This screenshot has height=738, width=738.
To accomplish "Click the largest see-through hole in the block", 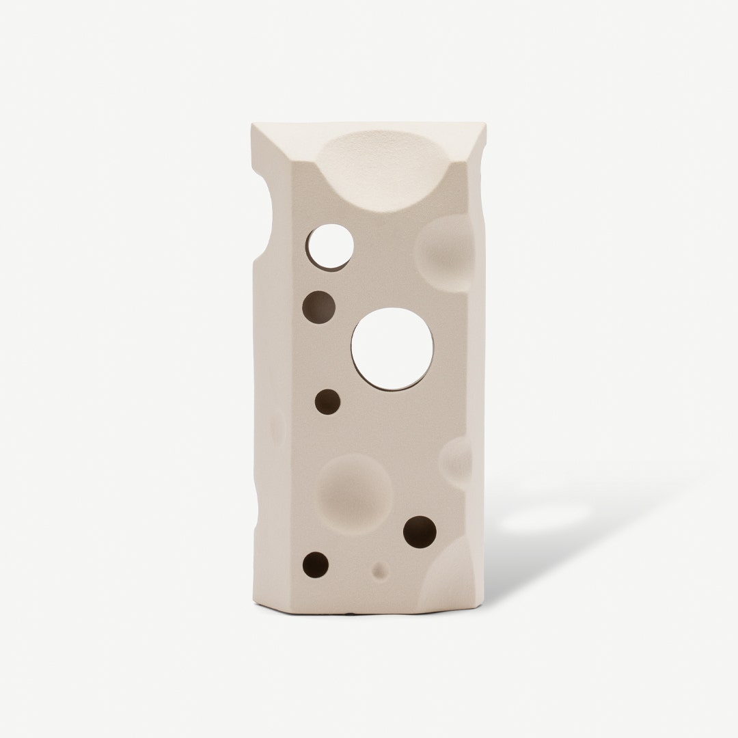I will point(392,348).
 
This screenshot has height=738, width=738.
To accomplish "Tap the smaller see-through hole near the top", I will point(330,245).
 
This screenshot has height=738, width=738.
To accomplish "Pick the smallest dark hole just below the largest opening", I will point(327,402).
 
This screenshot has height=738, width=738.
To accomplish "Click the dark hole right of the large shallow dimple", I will point(420,532).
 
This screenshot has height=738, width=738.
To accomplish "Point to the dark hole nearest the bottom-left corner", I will point(316,564).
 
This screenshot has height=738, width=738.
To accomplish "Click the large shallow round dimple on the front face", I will point(355,493).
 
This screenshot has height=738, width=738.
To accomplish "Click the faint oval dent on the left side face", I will point(277,428).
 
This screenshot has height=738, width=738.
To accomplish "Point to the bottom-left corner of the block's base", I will point(256,601).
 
